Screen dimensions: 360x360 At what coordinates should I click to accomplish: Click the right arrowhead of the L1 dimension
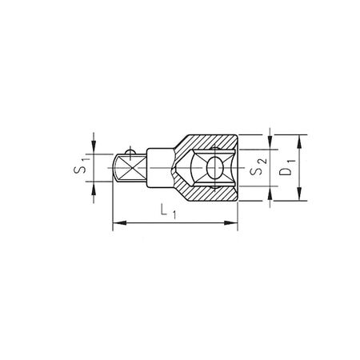(234, 223)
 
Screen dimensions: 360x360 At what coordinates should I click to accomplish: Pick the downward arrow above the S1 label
(94, 148)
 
